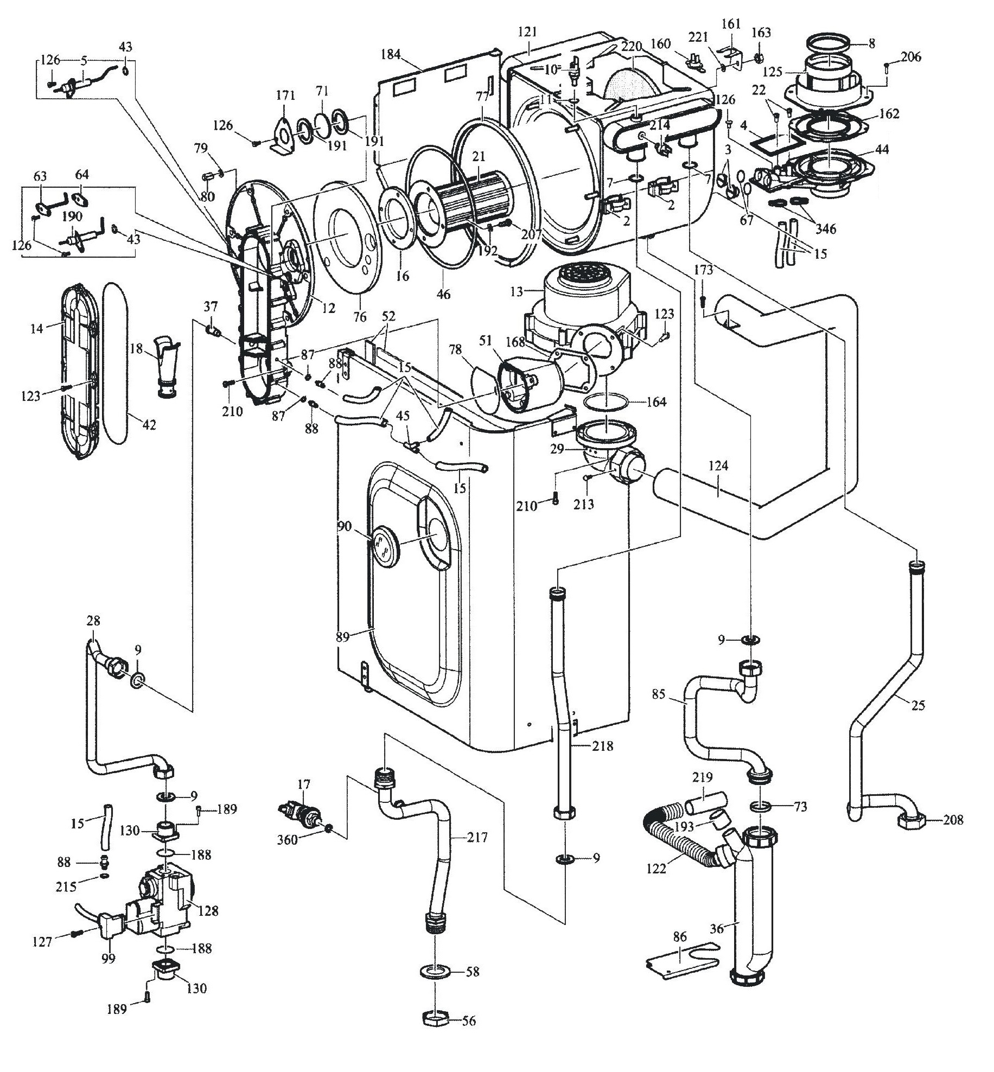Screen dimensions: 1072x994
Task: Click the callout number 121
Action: (527, 33)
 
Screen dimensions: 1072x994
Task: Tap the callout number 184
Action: (391, 54)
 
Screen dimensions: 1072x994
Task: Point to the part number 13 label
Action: (516, 292)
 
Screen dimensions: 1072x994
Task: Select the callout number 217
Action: (477, 838)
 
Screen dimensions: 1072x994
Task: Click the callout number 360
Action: (288, 840)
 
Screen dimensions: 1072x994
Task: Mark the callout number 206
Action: (911, 56)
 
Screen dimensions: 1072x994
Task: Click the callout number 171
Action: (285, 96)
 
